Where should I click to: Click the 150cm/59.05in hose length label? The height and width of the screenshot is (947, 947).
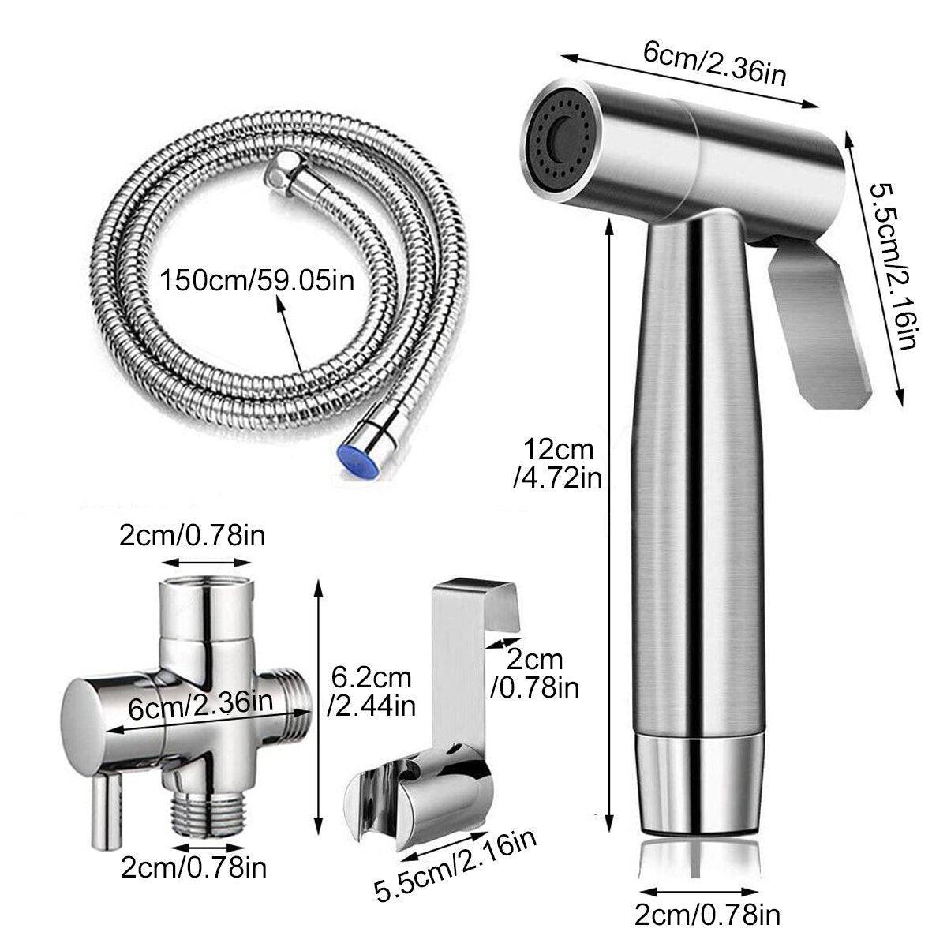click(257, 282)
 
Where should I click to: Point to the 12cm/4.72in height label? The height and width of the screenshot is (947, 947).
click(558, 464)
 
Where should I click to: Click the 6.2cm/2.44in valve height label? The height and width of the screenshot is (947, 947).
click(372, 692)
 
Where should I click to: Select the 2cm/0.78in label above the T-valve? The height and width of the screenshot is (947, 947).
click(192, 536)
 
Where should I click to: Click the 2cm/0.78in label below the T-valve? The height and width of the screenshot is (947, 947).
click(193, 868)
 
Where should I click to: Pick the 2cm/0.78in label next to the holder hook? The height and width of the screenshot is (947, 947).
click(535, 674)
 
